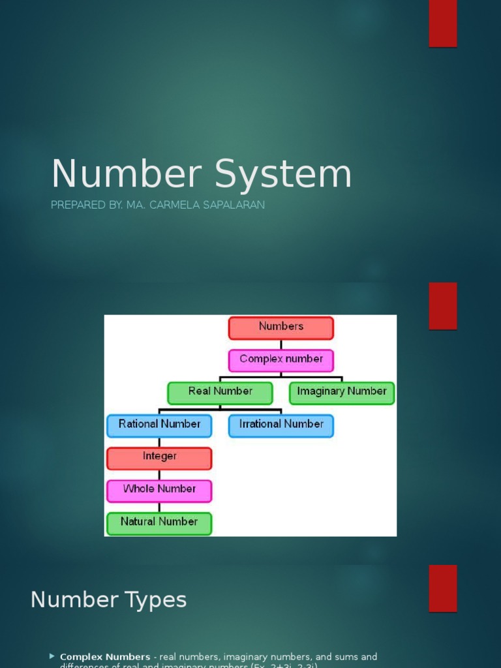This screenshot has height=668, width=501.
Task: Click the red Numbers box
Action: point(281,328)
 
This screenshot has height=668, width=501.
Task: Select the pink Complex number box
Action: point(281,360)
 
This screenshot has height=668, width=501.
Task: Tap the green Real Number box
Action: point(220,393)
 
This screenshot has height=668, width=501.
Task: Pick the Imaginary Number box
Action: point(342,393)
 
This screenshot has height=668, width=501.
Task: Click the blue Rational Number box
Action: point(159,425)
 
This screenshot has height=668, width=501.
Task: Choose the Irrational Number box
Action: point(281,425)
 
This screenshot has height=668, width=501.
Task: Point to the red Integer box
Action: point(159,458)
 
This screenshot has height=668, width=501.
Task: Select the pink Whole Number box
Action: point(159,491)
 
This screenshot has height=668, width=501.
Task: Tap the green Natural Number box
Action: point(159,523)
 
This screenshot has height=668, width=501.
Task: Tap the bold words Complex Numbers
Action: point(105,657)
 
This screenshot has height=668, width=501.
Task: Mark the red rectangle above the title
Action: point(442,23)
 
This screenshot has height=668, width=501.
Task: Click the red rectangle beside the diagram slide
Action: point(442,306)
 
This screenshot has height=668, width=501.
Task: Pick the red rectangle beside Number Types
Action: point(442,588)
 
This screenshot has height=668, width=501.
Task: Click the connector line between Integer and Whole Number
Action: point(159,474)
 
